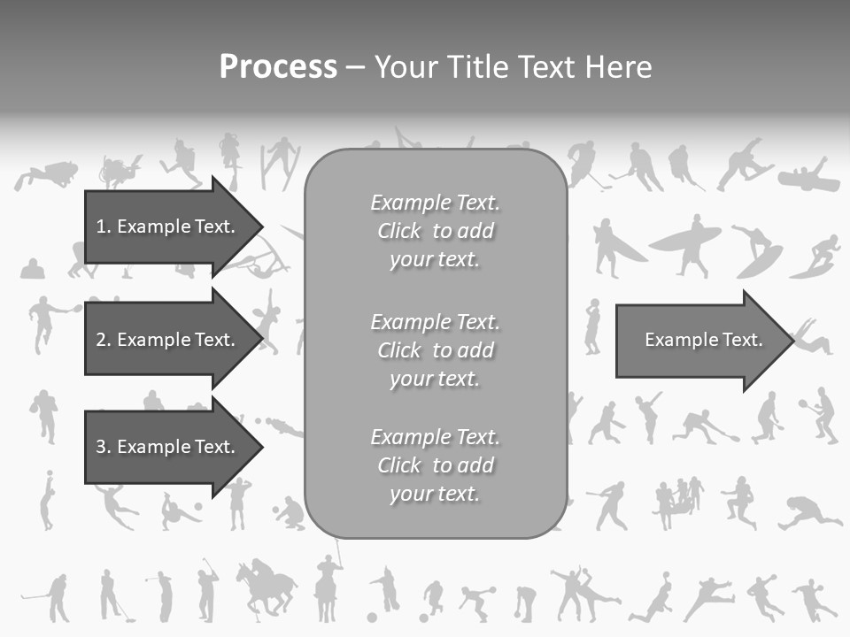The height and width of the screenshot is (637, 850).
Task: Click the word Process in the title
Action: (278, 67)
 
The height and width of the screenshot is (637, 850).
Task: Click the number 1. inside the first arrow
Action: (104, 226)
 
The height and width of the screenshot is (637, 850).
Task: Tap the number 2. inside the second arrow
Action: (104, 340)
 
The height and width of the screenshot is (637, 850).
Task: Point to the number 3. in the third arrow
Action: (104, 447)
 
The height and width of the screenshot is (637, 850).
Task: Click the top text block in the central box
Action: (435, 231)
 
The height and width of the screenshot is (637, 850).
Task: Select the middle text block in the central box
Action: (435, 350)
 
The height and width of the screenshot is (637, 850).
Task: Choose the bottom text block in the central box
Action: (435, 465)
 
